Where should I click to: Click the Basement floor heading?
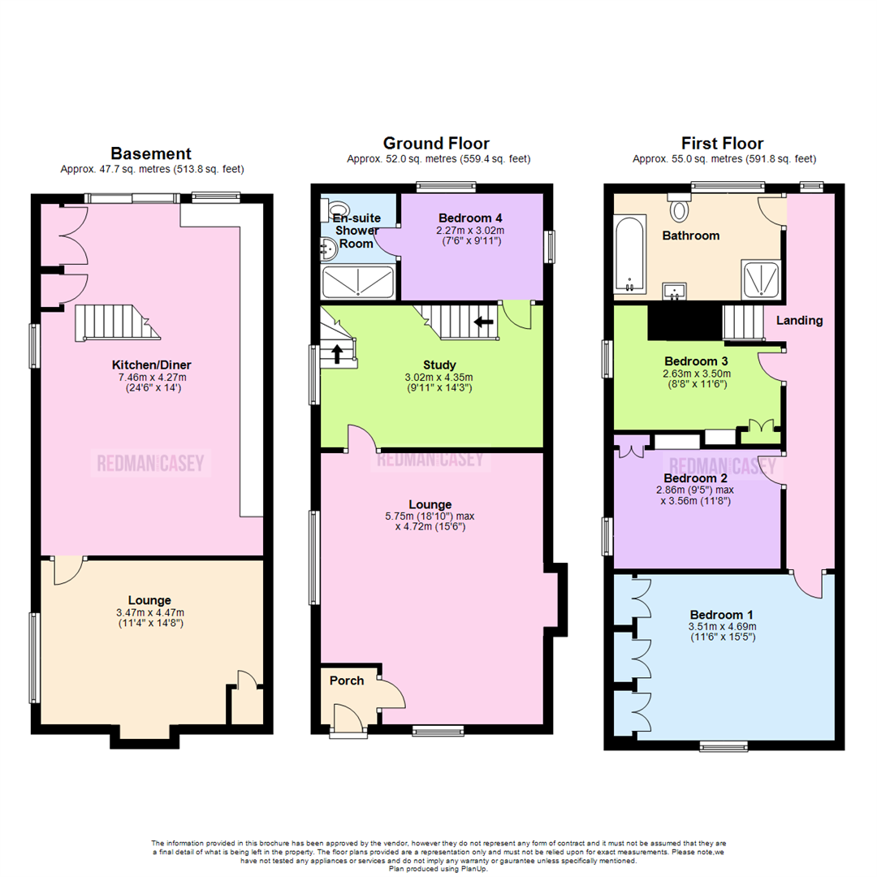tap(151, 153)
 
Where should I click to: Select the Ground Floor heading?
tap(436, 144)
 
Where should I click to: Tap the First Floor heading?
tap(724, 144)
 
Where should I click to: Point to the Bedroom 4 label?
tap(471, 218)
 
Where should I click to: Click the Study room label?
tap(439, 365)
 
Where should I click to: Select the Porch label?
tap(346, 680)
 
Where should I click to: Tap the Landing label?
tap(799, 320)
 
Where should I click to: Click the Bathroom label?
tap(690, 235)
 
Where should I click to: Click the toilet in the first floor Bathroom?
tap(678, 208)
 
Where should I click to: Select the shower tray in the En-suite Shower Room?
tap(358, 282)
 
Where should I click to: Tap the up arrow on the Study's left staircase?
tap(337, 353)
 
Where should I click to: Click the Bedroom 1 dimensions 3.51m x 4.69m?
tap(723, 627)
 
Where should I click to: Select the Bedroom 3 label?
tap(695, 361)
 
